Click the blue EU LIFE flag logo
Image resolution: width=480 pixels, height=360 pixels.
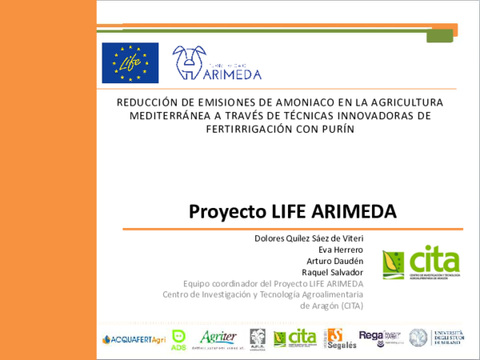130,62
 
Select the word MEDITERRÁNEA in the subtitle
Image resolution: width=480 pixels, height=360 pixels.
166,115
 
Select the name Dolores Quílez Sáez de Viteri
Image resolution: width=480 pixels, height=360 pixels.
308,238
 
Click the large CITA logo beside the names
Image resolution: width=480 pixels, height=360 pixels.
421,262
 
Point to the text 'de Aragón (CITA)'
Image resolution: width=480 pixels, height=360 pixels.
330,306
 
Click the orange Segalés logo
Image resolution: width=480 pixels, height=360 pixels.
336,339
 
